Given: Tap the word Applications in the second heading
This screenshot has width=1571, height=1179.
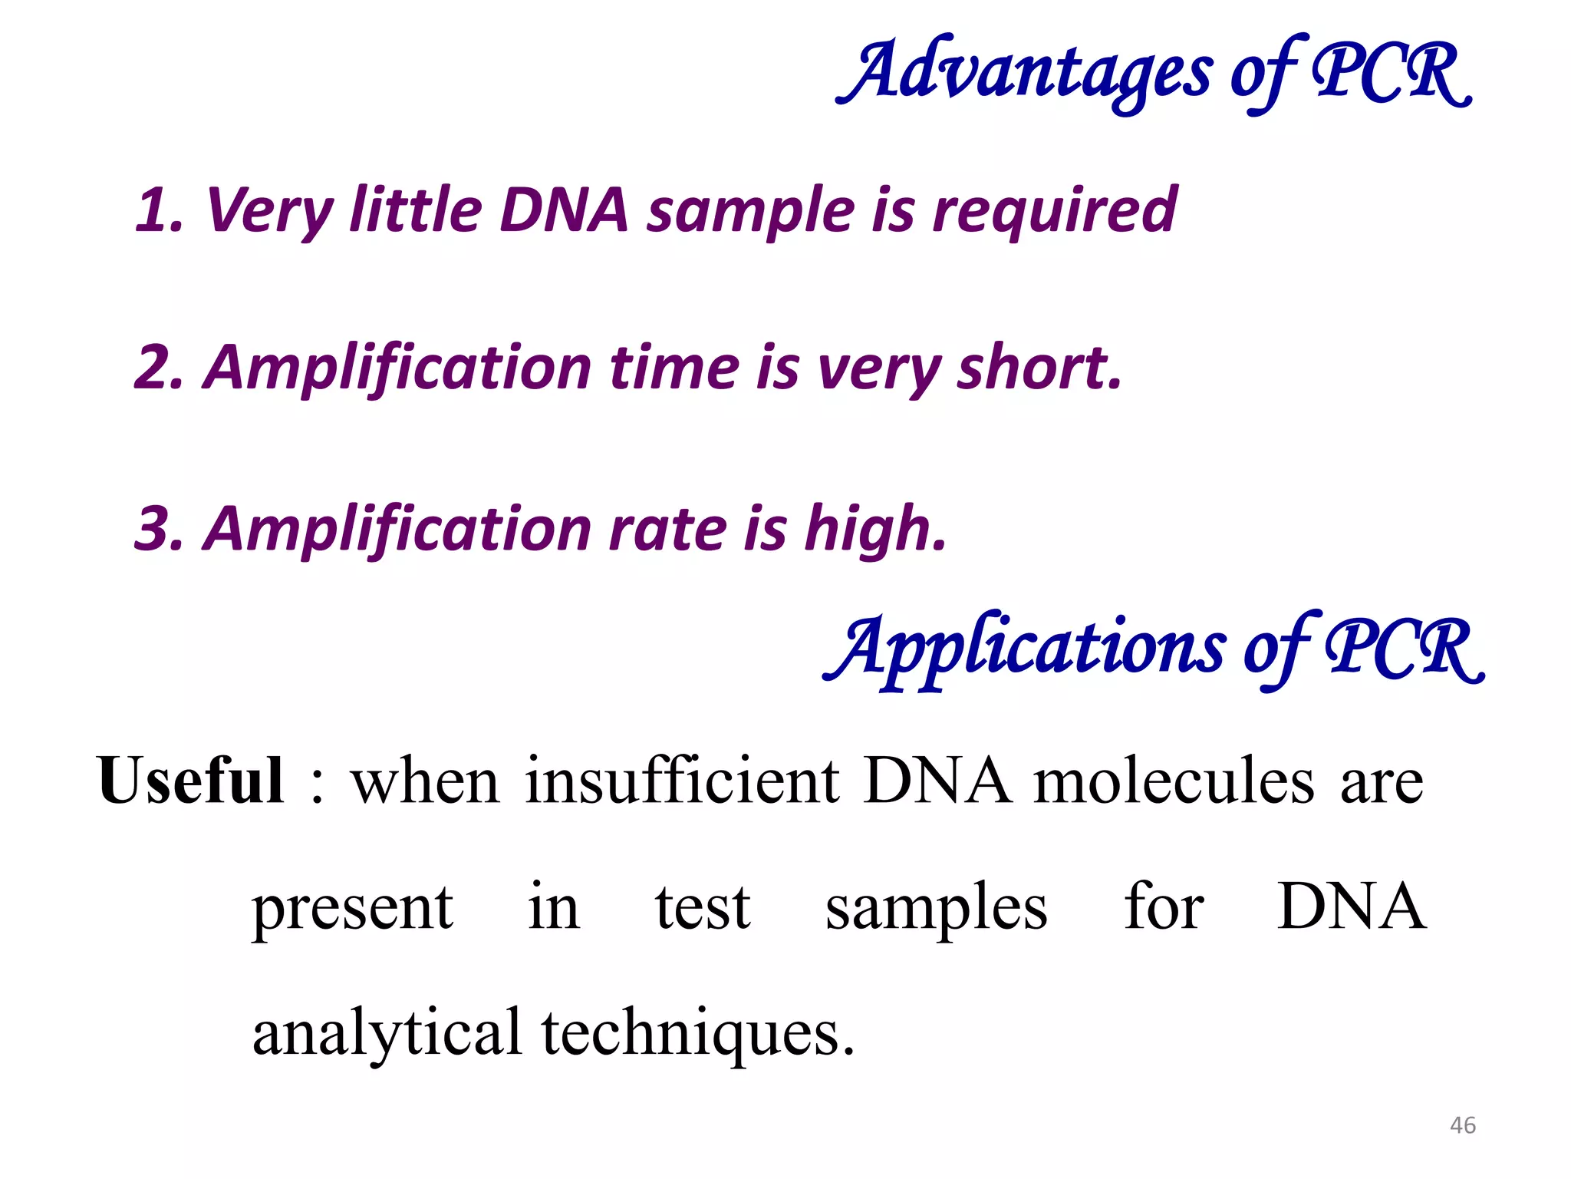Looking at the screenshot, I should tap(1025, 649).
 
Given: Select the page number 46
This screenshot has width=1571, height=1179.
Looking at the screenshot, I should tap(1463, 1125).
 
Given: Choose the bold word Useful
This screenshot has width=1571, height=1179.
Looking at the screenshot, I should tap(191, 781).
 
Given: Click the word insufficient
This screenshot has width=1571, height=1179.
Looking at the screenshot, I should tap(682, 781).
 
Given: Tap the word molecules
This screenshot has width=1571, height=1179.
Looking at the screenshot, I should tap(1174, 782).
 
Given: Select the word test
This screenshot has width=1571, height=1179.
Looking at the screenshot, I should tap(703, 908).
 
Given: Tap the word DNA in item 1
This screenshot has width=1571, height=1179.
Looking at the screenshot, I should tap(564, 210).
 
